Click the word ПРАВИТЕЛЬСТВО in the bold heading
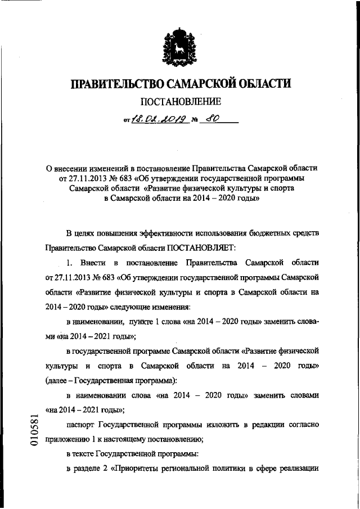click(115, 84)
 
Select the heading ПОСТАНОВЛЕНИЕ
click(179, 102)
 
